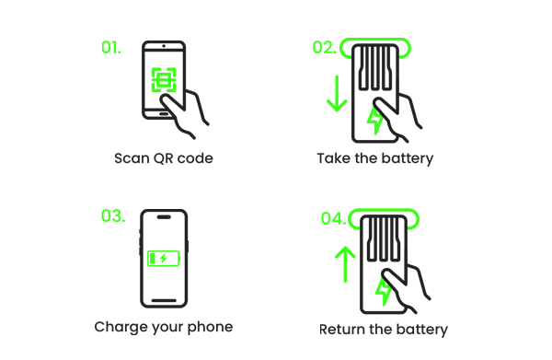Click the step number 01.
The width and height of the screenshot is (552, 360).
(x=110, y=47)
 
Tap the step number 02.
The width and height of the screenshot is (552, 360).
(x=324, y=48)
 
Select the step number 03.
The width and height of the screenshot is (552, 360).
(x=112, y=216)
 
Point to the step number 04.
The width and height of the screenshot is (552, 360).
(x=333, y=218)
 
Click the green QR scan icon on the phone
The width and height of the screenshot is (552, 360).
(x=164, y=80)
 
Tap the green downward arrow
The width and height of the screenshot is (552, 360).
(x=337, y=93)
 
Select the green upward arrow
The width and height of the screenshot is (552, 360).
(x=344, y=263)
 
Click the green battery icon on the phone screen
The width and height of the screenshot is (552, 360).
(x=163, y=259)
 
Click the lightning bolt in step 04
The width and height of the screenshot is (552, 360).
(x=384, y=290)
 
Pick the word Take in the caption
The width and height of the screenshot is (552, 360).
(x=332, y=158)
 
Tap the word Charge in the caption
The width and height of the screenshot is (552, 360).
(x=118, y=327)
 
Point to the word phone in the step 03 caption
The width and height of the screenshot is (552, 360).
(x=211, y=327)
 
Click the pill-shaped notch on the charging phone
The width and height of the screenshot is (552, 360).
(x=164, y=218)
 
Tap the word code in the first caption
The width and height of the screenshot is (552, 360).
(x=195, y=158)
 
